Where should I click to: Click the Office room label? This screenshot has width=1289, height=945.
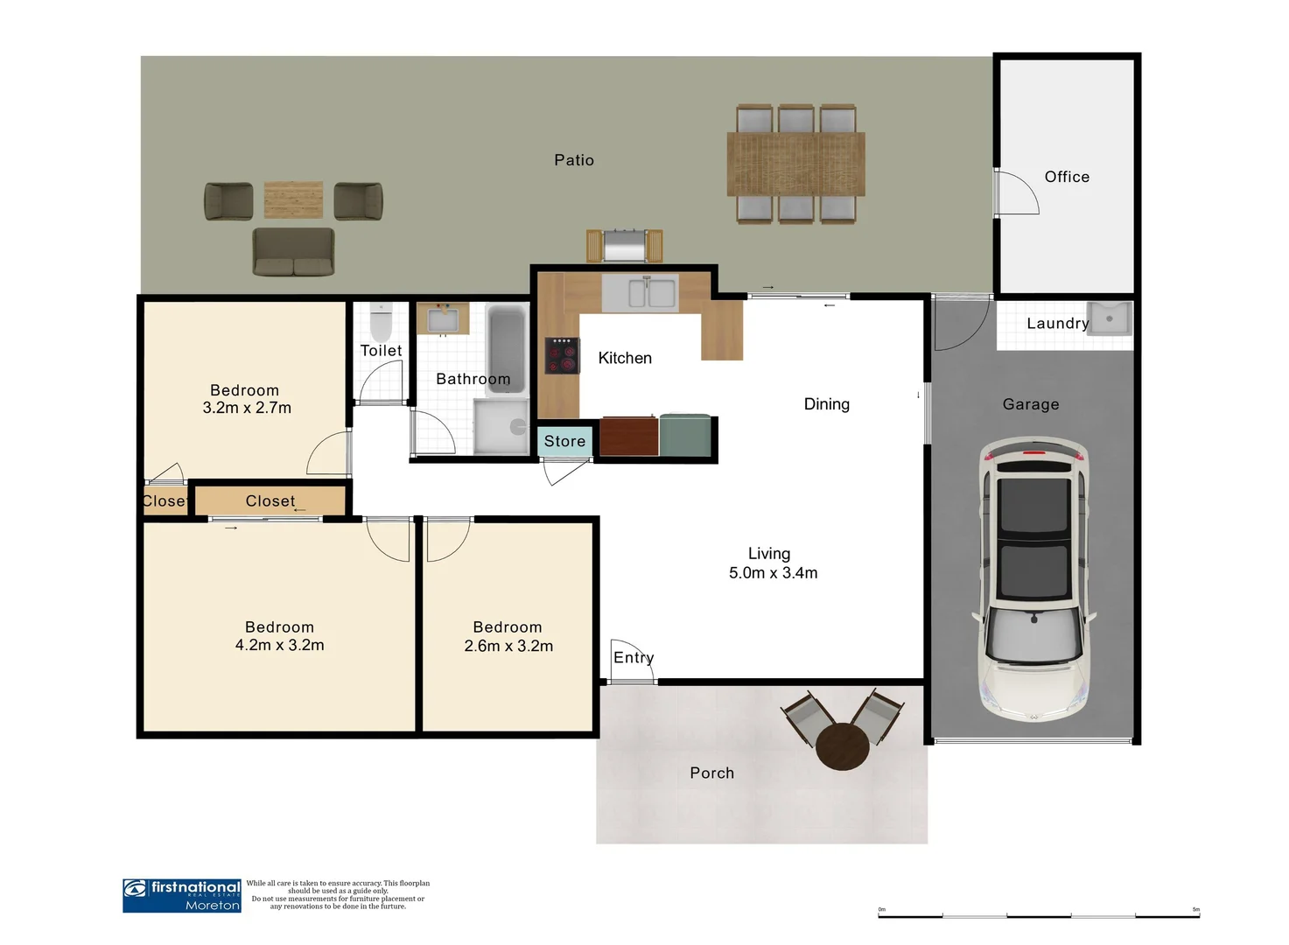1067,177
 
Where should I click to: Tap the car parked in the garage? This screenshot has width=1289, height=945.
1033,582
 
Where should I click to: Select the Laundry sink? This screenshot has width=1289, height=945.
1109,318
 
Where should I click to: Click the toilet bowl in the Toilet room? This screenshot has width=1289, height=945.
381,323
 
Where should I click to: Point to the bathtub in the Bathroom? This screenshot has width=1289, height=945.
506,348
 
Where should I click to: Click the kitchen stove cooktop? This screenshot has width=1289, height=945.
562,356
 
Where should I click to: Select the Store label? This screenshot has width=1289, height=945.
564,441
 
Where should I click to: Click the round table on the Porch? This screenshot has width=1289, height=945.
843,746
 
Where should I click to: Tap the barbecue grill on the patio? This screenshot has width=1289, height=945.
624,246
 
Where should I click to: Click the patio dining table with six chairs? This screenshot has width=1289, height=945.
795,164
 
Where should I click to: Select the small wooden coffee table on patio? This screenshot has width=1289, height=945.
293,199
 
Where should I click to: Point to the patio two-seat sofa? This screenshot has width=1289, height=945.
293,252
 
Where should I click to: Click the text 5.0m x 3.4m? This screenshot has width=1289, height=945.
773,573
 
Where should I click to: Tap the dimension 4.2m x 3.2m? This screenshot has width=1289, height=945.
279,646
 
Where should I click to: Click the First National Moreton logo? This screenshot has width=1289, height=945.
182,895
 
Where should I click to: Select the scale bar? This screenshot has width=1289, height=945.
1038,915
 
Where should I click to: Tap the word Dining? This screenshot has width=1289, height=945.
826,404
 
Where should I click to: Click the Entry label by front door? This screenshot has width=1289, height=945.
634,657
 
